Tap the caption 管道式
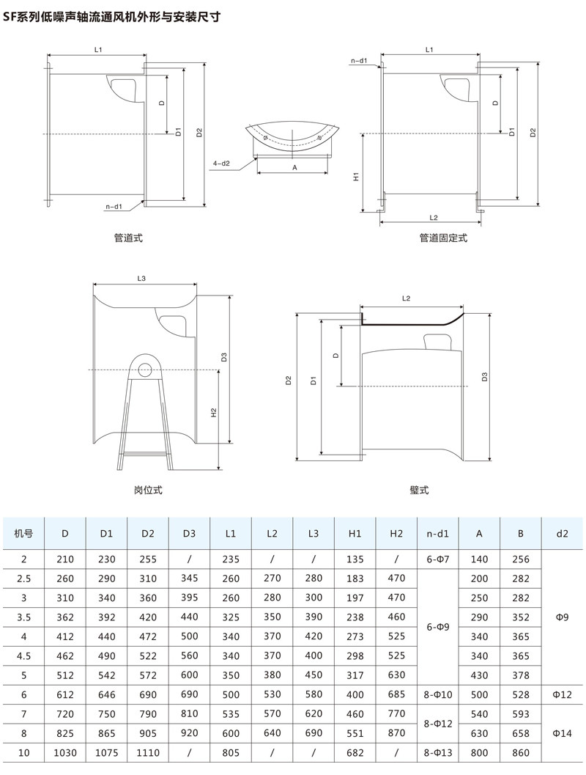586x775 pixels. [128, 238]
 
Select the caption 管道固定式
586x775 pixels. [442, 238]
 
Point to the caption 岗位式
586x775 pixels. [147, 490]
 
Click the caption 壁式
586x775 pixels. [419, 490]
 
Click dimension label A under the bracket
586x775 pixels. [294, 168]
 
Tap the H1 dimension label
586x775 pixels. [356, 177]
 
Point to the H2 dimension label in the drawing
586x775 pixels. [214, 413]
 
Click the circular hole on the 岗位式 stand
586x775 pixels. [146, 369]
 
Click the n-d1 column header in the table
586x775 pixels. [437, 534]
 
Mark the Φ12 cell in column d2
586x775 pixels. [562, 694]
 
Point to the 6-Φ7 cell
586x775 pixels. [437, 559]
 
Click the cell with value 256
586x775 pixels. [520, 559]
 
